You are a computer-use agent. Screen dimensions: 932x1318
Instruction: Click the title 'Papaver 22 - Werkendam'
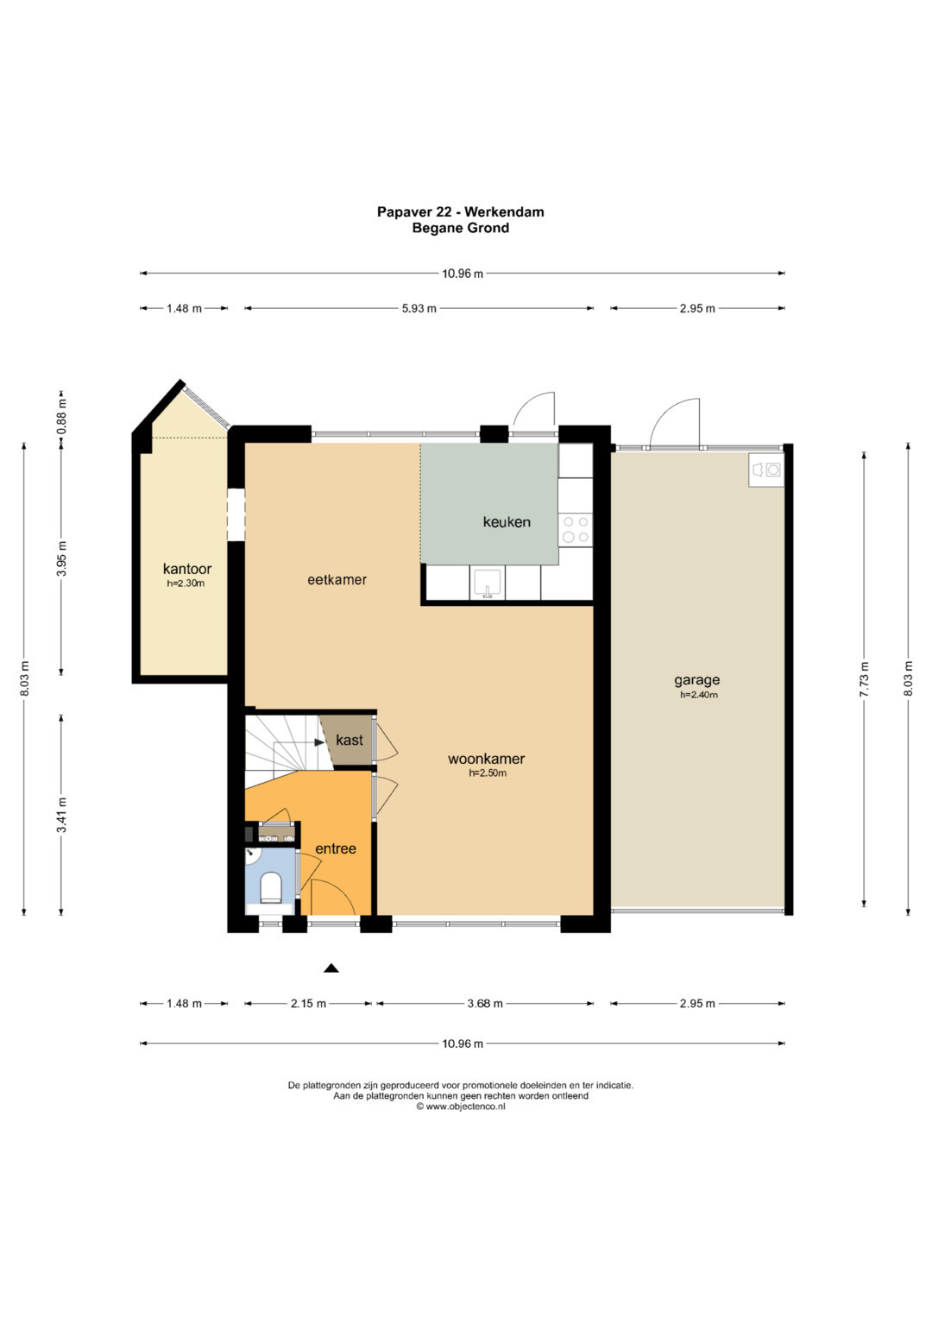(461, 211)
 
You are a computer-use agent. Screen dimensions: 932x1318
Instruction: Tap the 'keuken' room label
(507, 522)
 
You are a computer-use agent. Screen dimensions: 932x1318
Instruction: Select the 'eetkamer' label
(337, 579)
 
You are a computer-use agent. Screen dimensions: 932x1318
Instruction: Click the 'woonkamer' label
(486, 759)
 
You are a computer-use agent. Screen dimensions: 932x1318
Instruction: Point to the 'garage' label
(697, 680)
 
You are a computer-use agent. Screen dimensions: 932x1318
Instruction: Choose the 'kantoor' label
(187, 569)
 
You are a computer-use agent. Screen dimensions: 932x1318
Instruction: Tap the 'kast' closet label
(349, 741)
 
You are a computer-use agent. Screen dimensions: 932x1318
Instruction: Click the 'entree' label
(336, 848)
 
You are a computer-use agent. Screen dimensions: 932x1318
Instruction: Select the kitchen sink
(488, 583)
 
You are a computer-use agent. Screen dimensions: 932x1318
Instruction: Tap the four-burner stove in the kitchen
(576, 529)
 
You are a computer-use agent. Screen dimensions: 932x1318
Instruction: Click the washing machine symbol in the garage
(766, 470)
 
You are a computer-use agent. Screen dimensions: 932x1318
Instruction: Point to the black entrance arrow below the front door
(331, 968)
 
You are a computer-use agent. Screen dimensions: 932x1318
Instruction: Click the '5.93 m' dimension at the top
(419, 308)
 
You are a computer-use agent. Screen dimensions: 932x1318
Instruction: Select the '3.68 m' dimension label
(485, 1004)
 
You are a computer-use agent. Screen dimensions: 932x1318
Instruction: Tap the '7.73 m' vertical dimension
(864, 679)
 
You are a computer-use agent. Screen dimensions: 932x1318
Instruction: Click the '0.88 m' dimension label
(62, 417)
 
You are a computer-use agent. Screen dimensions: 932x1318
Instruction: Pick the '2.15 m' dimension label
(308, 1004)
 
